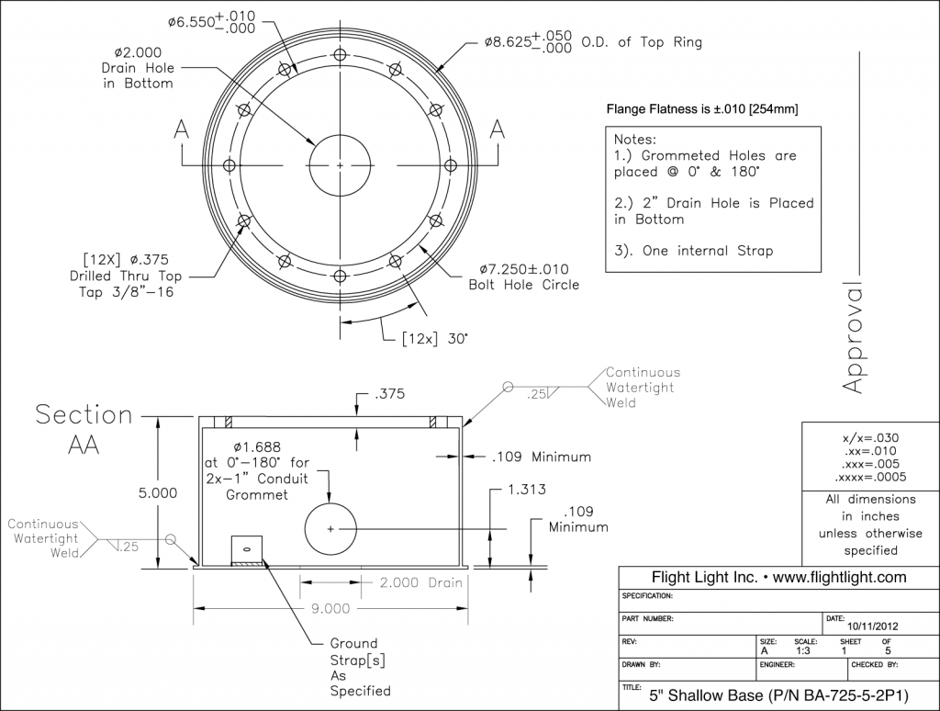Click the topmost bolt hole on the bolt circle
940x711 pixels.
coord(340,54)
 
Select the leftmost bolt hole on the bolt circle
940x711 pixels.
coord(229,165)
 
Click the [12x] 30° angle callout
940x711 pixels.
coord(434,339)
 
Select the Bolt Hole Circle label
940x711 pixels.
coord(524,285)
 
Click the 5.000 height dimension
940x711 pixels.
coord(158,493)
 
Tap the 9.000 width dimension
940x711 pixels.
coord(330,608)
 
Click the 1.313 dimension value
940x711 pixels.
coord(526,490)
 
